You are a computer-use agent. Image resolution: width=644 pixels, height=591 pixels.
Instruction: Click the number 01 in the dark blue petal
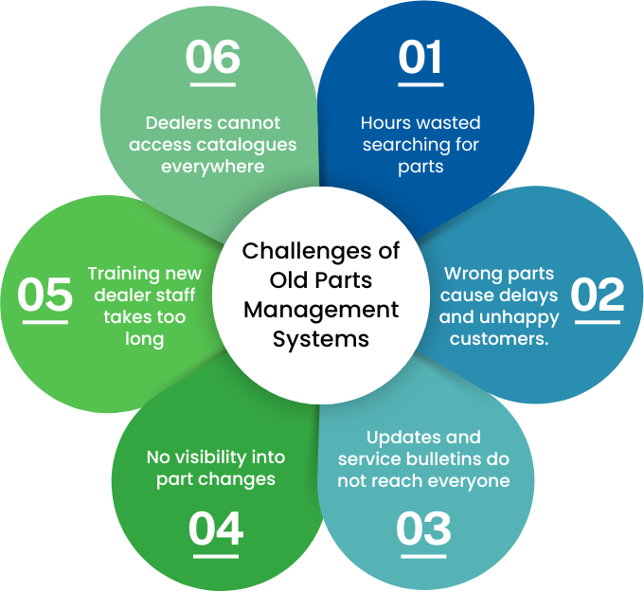click(420, 58)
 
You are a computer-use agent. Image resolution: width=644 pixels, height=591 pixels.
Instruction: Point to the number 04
click(215, 528)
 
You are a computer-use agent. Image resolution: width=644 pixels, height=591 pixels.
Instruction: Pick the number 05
click(45, 295)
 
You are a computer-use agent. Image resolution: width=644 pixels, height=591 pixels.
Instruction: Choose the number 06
click(212, 58)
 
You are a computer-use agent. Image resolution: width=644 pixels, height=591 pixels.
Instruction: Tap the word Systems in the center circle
click(321, 339)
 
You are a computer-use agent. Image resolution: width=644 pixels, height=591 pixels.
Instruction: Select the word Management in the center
click(321, 310)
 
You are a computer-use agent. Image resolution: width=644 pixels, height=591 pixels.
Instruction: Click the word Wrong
click(470, 274)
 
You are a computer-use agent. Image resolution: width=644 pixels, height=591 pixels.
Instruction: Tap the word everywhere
click(212, 167)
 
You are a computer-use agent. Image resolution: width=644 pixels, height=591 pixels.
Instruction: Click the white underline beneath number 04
click(215, 554)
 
